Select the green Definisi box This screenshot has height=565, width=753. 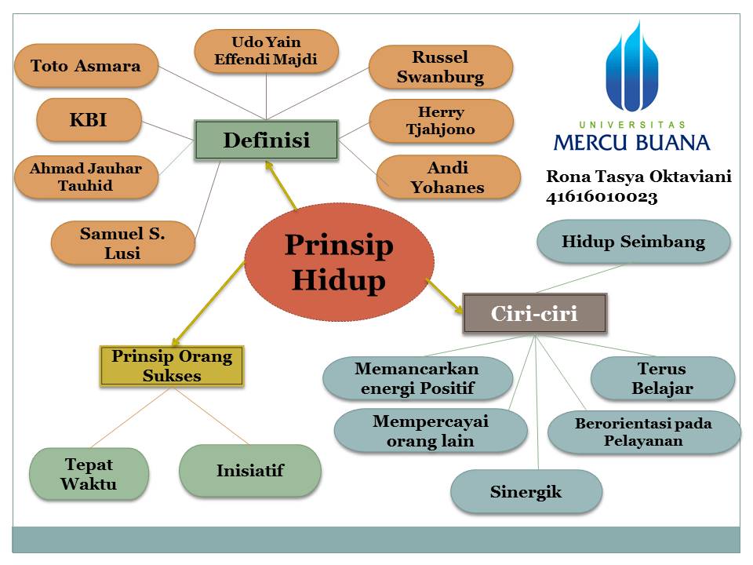tap(266, 140)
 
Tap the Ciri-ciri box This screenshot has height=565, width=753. tap(534, 314)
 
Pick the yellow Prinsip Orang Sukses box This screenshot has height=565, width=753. tap(172, 366)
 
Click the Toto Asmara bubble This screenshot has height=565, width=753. tap(86, 66)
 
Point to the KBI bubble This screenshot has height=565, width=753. tap(89, 121)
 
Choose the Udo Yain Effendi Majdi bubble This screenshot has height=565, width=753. tap(266, 51)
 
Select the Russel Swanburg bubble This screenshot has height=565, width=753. tap(440, 67)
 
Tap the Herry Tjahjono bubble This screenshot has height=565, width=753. tap(440, 121)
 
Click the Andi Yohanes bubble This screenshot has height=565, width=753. tap(448, 177)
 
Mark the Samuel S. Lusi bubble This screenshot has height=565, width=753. tap(122, 242)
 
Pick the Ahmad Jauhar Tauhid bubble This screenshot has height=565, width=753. tap(86, 177)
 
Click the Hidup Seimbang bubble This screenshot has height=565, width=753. tap(633, 242)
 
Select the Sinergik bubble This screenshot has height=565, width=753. tap(526, 492)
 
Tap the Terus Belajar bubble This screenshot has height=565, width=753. tap(662, 378)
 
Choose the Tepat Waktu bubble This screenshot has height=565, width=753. tap(89, 473)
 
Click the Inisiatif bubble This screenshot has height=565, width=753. tap(249, 471)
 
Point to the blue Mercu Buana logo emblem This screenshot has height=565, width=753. tap(632, 70)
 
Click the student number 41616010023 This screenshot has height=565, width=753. tap(602, 198)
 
